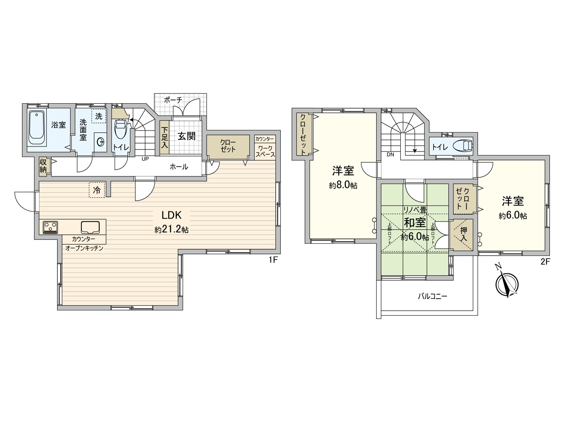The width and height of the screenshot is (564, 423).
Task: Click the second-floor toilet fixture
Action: click(x=462, y=146)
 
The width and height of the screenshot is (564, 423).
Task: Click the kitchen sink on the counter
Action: click(x=90, y=227)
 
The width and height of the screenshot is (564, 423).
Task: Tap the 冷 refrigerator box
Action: click(x=97, y=190)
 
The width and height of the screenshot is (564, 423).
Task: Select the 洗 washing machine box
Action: click(x=99, y=116)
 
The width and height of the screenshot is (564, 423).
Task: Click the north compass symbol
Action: click(x=507, y=284)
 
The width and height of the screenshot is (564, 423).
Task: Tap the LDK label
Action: click(x=171, y=215)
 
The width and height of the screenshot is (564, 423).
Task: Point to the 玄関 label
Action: click(x=186, y=136)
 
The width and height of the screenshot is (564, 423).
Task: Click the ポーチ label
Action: click(x=173, y=100)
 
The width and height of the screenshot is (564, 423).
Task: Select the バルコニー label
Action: click(x=433, y=296)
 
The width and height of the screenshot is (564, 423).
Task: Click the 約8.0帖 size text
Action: click(x=343, y=185)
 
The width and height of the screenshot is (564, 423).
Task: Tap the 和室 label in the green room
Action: click(x=415, y=223)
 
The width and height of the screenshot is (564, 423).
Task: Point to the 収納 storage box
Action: click(x=43, y=166)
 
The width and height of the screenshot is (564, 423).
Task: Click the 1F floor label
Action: click(x=274, y=260)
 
